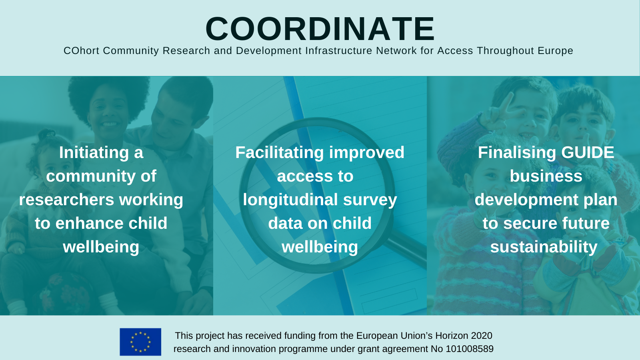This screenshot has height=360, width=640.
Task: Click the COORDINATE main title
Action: tap(320, 29)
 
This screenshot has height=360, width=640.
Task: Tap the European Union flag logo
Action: tap(140, 342)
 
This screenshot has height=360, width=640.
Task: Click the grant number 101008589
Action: tap(470, 349)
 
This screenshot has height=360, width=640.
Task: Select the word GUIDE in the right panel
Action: tap(588, 152)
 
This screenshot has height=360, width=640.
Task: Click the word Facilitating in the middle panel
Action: tap(280, 153)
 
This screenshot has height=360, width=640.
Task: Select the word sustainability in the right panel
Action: tap(544, 247)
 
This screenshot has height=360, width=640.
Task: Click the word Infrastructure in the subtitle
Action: tap(338, 50)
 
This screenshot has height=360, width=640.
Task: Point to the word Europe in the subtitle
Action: tap(555, 50)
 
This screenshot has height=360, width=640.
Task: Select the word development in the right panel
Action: tap(527, 200)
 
